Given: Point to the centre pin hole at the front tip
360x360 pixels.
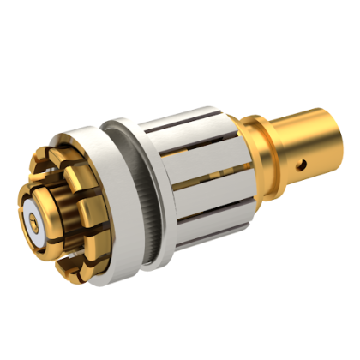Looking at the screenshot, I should click(x=33, y=220).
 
